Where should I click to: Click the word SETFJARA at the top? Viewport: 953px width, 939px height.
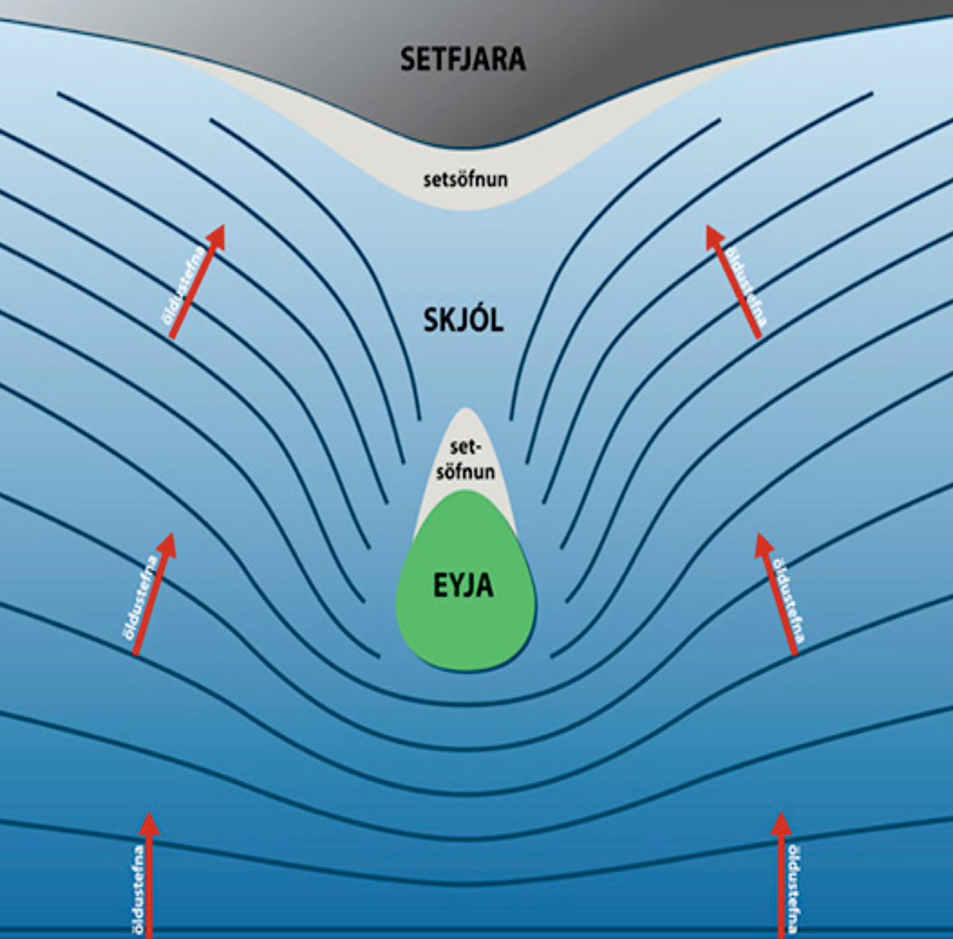coord(462,59)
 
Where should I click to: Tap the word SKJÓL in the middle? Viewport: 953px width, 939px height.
coord(463,321)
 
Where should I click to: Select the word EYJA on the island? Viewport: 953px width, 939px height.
coord(463,586)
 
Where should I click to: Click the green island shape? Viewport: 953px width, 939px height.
coord(465,629)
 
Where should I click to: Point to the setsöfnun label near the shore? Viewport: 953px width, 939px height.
coord(465,179)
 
